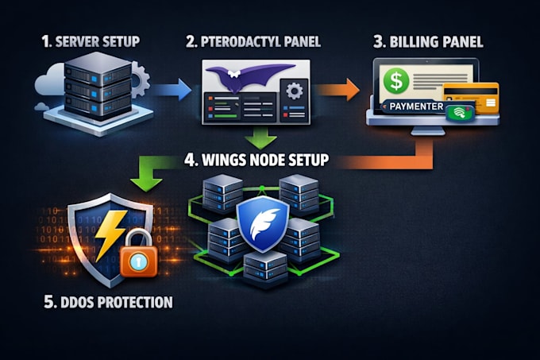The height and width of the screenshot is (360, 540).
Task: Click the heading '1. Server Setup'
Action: click(91, 41)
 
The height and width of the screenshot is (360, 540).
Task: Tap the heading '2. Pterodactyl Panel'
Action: click(253, 41)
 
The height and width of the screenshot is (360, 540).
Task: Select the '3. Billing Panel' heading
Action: click(428, 41)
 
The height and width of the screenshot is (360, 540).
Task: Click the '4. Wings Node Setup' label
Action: click(256, 160)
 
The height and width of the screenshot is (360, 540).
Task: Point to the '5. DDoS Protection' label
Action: click(108, 302)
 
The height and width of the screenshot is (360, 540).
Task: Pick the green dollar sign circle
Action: click(396, 81)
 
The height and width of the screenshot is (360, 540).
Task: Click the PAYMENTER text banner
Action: click(416, 106)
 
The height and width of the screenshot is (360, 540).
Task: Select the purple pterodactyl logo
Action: click(249, 76)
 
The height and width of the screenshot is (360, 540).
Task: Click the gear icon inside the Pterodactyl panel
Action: click(295, 91)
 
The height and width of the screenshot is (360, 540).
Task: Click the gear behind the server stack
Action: click(140, 79)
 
